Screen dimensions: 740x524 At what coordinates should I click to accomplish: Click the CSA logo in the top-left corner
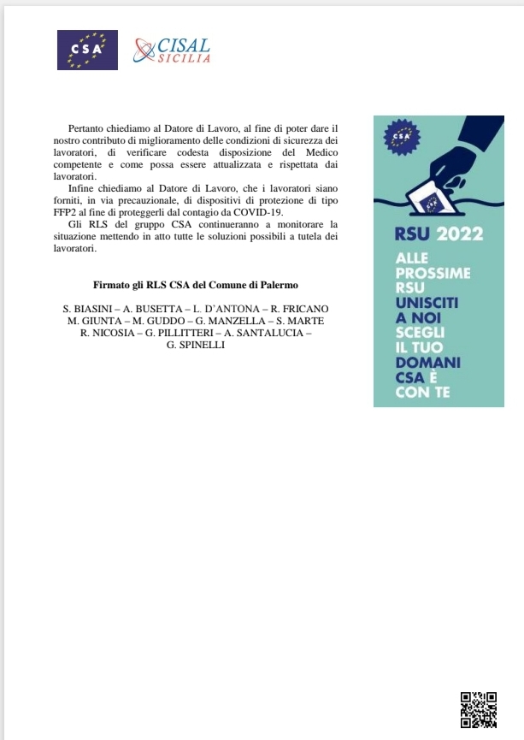(x=87, y=50)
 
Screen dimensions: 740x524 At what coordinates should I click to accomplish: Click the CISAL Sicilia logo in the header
(x=172, y=50)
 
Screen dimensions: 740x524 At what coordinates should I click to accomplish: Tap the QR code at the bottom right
(x=479, y=709)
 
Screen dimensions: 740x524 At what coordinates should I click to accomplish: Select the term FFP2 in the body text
(x=68, y=212)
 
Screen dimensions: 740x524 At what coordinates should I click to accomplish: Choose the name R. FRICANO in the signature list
(x=298, y=308)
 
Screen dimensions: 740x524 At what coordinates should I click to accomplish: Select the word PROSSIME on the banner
(x=433, y=273)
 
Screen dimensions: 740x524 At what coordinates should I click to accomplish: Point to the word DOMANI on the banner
(x=428, y=363)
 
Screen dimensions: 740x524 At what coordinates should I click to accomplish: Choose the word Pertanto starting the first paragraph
(x=88, y=127)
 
